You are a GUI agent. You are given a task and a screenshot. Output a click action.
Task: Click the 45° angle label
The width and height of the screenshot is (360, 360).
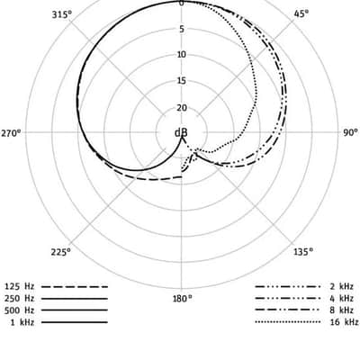[301, 13]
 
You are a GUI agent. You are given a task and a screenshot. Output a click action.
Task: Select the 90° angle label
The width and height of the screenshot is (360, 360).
[350, 132]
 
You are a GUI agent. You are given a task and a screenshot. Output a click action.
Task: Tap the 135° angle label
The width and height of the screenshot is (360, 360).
[303, 251]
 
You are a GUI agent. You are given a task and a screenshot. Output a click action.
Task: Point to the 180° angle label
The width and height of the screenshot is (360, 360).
[183, 299]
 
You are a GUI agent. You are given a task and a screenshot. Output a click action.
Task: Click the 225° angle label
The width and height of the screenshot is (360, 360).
[61, 252]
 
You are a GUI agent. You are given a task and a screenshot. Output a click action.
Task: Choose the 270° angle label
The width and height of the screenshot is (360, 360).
[12, 133]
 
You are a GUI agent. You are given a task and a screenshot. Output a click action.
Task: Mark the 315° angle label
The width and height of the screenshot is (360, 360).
[62, 14]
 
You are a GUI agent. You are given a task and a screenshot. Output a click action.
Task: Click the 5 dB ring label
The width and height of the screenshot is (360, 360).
[182, 29]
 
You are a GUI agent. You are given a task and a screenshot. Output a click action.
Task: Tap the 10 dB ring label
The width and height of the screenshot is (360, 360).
[182, 55]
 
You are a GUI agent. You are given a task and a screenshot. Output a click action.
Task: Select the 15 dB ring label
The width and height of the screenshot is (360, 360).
[182, 81]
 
